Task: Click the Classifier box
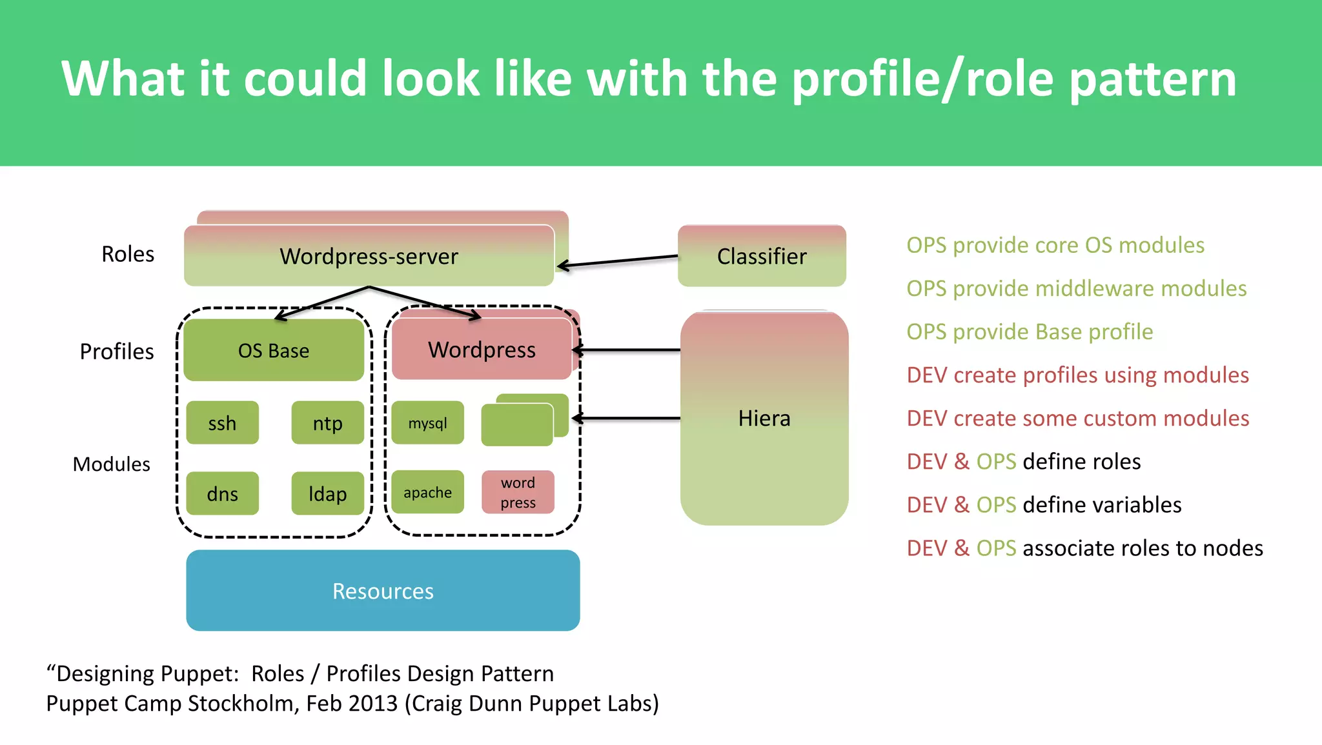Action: (762, 256)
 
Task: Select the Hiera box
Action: (764, 418)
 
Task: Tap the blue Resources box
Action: (383, 590)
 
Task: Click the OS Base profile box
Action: (274, 350)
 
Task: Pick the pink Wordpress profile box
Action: (482, 350)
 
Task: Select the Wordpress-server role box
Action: (369, 256)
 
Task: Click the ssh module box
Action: (222, 423)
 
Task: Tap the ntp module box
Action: (327, 423)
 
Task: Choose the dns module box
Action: (222, 493)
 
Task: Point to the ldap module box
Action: (327, 493)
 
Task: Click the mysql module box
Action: (427, 423)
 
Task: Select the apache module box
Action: (427, 492)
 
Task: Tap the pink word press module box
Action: (518, 492)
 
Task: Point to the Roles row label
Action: (128, 254)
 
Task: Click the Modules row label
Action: (111, 464)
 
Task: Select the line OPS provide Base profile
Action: (1029, 332)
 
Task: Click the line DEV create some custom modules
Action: (1077, 418)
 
